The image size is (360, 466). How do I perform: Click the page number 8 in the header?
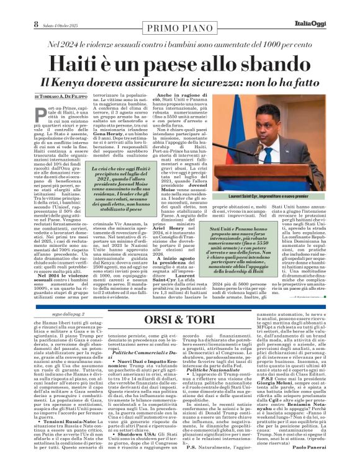9,7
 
